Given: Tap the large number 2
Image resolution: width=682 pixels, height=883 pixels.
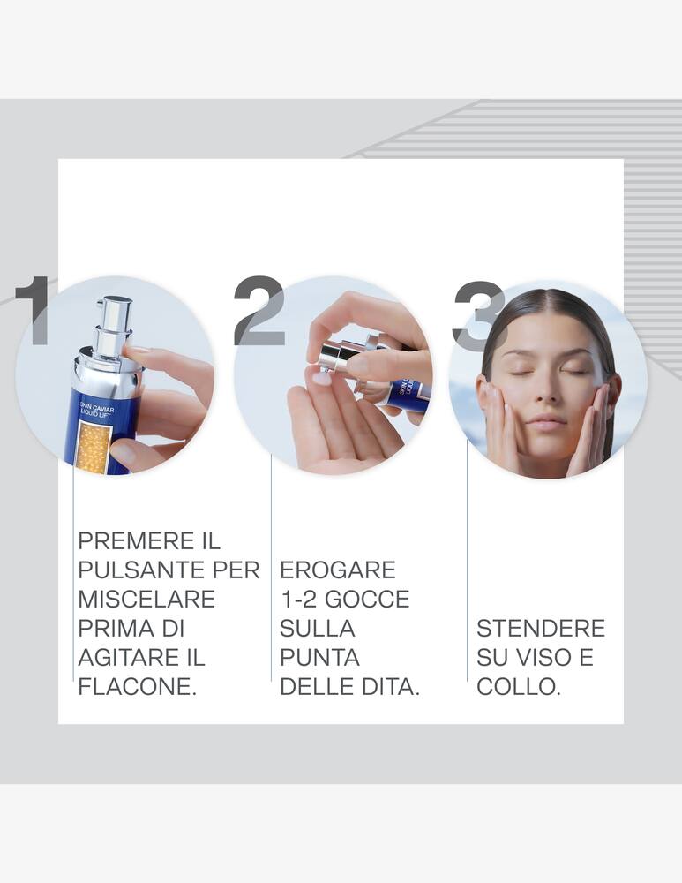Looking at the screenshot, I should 259,310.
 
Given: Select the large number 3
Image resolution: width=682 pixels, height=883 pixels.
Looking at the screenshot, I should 477,314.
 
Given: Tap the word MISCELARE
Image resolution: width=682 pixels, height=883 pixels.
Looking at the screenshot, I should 146,599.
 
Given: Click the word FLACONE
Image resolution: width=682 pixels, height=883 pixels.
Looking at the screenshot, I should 137,686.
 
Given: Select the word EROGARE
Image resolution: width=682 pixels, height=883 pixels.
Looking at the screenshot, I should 338,570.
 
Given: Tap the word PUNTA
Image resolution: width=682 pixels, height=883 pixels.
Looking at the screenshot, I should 319,657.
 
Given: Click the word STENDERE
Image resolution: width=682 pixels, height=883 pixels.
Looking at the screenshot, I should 541,628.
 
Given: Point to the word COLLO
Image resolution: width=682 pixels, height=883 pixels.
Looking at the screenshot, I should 519,686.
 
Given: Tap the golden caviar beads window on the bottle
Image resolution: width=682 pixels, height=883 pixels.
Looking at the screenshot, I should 92,447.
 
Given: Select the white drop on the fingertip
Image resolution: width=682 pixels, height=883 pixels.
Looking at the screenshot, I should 322,378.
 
